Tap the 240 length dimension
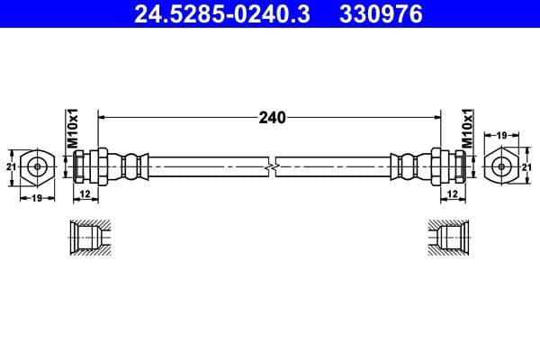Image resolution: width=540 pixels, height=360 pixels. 271,117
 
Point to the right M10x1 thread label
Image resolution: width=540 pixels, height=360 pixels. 467,127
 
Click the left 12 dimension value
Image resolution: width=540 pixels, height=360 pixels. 85,193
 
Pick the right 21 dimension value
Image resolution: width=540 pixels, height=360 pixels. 528,166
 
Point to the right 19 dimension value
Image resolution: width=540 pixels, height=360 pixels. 502,135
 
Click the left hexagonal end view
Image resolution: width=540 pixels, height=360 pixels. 37,166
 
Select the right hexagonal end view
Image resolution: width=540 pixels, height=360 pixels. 502,166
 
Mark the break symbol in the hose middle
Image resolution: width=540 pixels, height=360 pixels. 271,166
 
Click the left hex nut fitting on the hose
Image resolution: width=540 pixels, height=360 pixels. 102,166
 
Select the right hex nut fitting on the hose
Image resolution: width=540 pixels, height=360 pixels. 439,166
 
